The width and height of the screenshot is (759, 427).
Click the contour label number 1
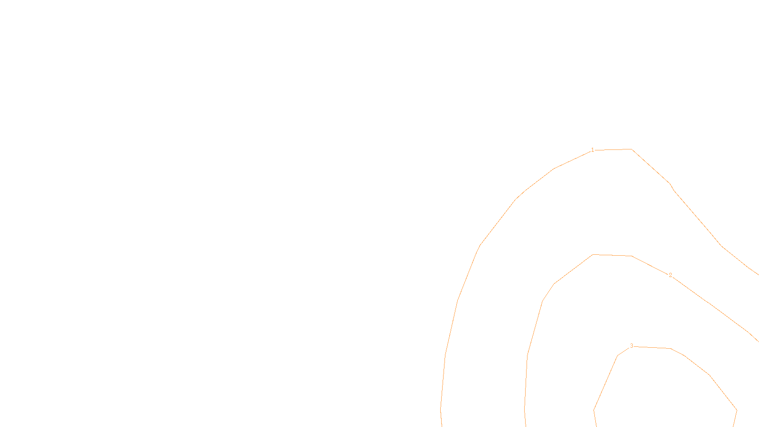592,150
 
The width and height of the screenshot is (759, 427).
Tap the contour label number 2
670,275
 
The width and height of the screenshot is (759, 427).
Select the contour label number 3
631,346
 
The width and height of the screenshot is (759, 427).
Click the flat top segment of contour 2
612,255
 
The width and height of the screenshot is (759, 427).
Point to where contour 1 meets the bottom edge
442,425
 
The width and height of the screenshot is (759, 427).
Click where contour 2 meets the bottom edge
526,425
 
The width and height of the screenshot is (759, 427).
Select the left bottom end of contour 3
596,425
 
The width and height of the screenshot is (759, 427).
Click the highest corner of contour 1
631,149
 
